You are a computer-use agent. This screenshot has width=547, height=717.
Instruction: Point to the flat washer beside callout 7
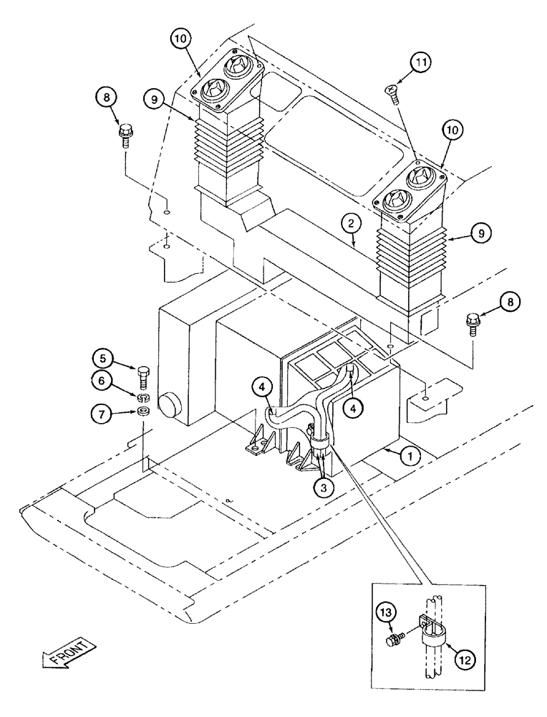click(x=142, y=412)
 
